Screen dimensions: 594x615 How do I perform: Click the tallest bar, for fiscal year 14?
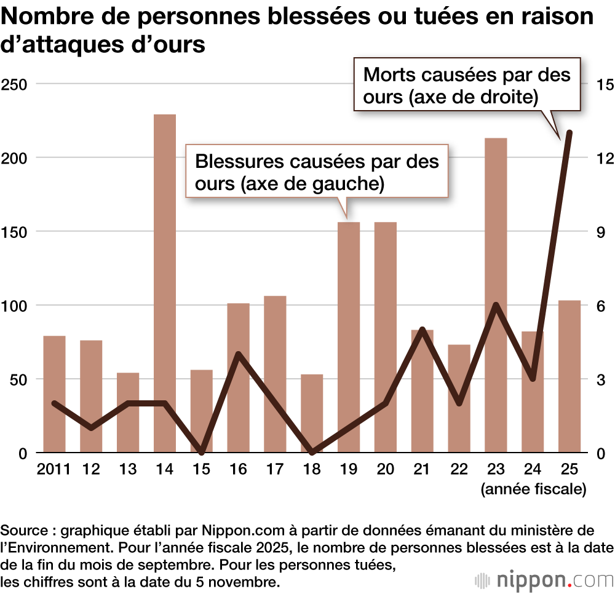click(164, 283)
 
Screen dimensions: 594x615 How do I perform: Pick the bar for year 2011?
click(54, 394)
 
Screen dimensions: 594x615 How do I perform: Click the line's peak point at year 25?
click(569, 133)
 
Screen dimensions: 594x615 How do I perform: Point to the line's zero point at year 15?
click(202, 453)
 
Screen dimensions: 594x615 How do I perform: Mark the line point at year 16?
click(238, 354)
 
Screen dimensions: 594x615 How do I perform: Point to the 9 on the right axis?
click(601, 232)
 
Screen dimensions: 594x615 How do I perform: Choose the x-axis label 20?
click(385, 470)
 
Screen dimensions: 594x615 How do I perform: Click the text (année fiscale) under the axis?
click(533, 489)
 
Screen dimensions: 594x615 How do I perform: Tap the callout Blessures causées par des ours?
click(317, 172)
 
